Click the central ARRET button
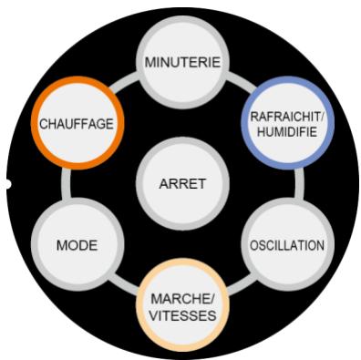pos(182,182)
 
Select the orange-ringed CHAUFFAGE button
pos(77,122)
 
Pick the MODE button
pos(77,244)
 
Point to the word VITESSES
pos(182,314)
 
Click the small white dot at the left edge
pos(5,184)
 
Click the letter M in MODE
pos(62,244)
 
